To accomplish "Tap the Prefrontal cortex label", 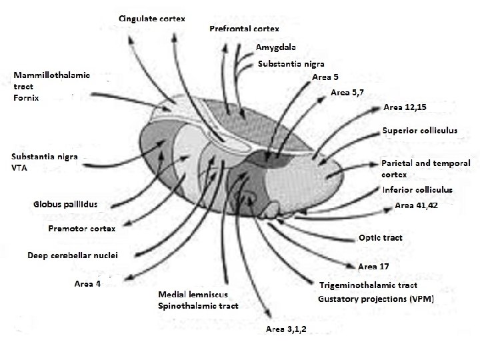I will (x=244, y=29).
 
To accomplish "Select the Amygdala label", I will (x=276, y=47).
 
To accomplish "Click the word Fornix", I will (x=27, y=98).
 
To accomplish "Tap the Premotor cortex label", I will (x=82, y=229).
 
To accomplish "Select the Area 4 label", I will (x=87, y=284).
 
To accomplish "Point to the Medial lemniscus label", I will (x=193, y=295).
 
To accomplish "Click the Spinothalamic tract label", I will (x=198, y=306).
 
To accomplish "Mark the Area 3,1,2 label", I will (x=286, y=329).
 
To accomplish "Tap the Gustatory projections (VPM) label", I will (x=375, y=299).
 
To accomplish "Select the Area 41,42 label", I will (x=415, y=206).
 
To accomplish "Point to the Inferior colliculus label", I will (x=417, y=190).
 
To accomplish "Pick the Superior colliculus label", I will (x=420, y=131).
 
